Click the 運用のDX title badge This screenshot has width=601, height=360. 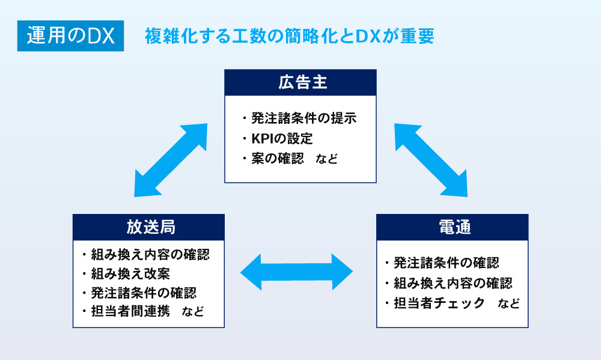70,37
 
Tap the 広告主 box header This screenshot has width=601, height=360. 300,82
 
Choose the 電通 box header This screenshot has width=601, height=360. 452,227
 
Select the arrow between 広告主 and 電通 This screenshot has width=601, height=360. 430,160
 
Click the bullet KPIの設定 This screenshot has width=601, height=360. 282,138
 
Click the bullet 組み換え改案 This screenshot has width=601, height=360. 130,273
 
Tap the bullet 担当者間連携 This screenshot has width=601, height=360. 130,311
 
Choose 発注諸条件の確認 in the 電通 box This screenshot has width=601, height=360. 447,263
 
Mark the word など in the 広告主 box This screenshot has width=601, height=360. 326,159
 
